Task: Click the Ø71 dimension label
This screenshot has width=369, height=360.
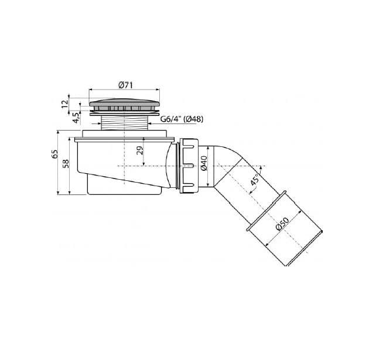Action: point(126,85)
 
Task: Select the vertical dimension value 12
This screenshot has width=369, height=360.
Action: point(65,104)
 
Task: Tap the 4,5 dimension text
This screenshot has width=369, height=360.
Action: point(76,118)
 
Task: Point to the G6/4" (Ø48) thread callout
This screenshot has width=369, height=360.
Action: point(182,119)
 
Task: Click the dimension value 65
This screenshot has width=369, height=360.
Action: point(54,154)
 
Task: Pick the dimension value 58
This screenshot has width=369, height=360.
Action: point(66,164)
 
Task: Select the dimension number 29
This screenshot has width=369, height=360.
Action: point(140,150)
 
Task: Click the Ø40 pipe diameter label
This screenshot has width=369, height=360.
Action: point(204,163)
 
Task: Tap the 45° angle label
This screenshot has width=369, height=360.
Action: point(254,179)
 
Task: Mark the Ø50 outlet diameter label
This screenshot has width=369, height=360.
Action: point(282,224)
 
